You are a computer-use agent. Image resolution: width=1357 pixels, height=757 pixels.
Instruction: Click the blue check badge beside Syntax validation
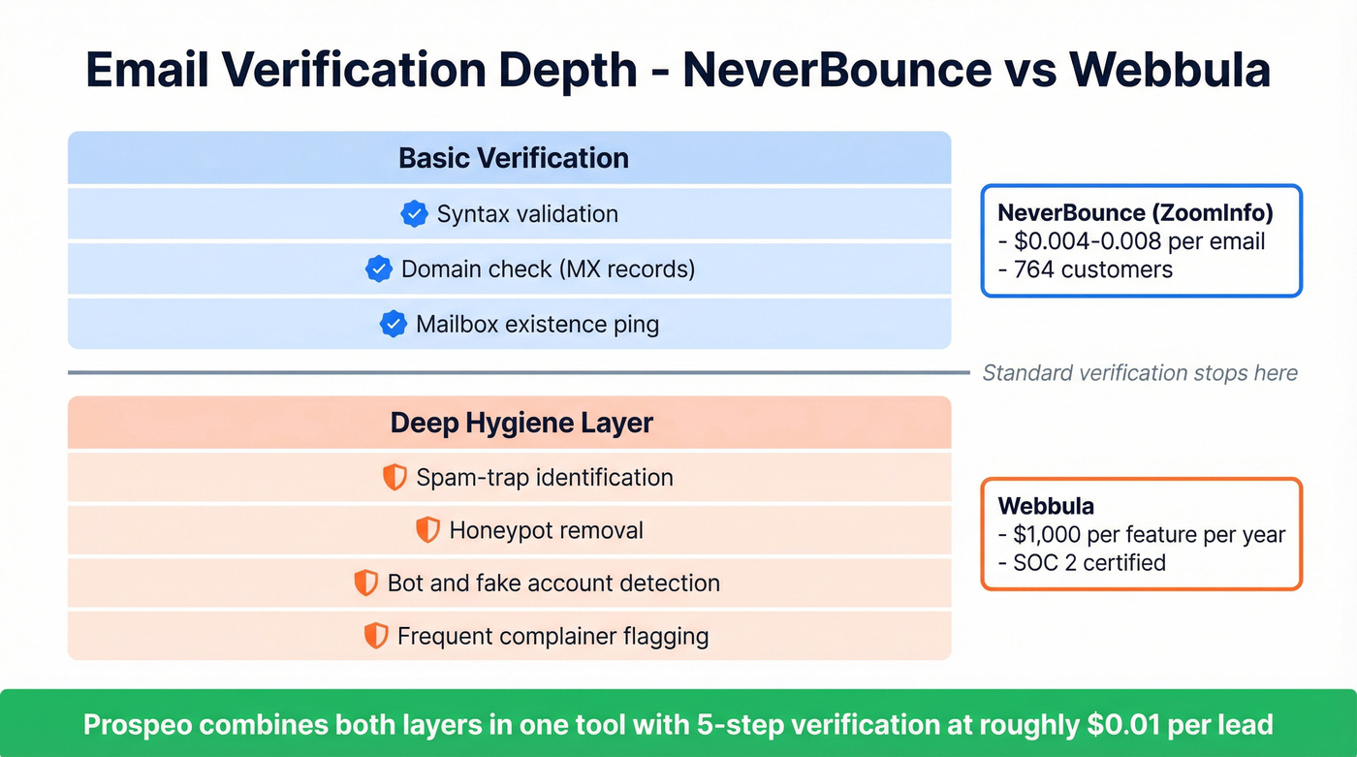[414, 214]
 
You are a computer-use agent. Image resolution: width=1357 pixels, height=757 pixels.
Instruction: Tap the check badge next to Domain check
[378, 268]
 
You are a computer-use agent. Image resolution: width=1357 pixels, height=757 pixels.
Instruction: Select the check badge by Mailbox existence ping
[393, 324]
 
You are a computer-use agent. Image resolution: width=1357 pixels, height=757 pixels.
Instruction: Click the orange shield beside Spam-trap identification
[394, 477]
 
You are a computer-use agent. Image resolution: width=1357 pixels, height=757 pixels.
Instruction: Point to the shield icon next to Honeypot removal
[427, 530]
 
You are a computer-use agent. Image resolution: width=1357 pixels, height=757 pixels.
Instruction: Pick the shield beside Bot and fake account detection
[365, 583]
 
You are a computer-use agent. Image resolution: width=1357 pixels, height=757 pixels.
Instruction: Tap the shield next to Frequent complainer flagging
[375, 636]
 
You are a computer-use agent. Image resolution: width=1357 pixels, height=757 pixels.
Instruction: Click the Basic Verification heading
[513, 158]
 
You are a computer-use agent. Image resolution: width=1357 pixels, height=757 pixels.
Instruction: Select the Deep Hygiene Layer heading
[521, 423]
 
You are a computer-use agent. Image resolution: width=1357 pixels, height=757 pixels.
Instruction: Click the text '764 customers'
[1092, 269]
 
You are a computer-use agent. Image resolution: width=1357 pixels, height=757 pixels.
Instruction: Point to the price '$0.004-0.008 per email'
[1138, 241]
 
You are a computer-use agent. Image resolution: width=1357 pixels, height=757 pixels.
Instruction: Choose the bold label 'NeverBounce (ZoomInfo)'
[1135, 213]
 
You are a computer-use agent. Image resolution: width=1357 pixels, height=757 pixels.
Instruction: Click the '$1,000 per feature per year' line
[1148, 534]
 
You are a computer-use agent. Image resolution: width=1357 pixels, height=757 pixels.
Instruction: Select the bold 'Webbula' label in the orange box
[1045, 506]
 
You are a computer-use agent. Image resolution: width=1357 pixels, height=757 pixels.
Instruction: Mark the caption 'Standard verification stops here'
[1140, 373]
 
